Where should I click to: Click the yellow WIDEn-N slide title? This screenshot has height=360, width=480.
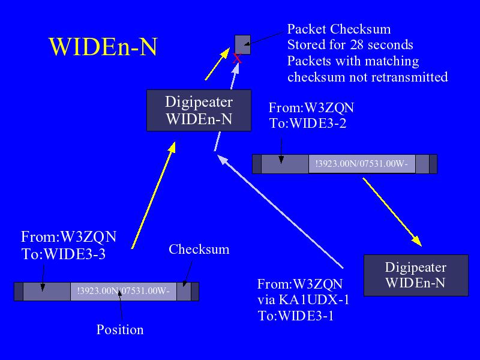(x=103, y=47)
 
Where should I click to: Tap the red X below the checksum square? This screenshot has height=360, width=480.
(x=237, y=58)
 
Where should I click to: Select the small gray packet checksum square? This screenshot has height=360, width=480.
(x=243, y=44)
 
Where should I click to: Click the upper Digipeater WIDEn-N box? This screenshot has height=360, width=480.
(x=199, y=110)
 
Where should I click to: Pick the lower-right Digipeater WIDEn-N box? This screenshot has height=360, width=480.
(x=416, y=275)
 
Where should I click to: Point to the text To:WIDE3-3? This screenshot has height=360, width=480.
(x=64, y=254)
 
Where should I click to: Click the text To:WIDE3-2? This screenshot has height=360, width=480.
(x=308, y=124)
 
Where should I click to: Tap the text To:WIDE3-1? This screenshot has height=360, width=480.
(x=296, y=316)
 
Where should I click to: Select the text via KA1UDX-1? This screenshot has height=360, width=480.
(x=304, y=299)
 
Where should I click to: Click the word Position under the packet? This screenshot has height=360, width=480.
(x=120, y=329)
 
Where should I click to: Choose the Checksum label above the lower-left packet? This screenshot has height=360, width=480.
(x=199, y=249)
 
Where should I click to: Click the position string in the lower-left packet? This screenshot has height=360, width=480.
(x=124, y=291)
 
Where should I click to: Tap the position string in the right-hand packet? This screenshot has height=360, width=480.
(x=362, y=164)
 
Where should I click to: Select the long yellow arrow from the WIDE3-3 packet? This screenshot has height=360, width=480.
(x=154, y=195)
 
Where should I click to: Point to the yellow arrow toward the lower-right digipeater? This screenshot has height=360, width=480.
(x=392, y=212)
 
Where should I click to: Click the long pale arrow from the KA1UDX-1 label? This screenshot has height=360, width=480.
(x=280, y=211)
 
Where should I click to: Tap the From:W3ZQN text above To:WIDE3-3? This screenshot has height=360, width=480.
(x=68, y=236)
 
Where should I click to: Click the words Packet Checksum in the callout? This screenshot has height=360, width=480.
(x=339, y=29)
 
